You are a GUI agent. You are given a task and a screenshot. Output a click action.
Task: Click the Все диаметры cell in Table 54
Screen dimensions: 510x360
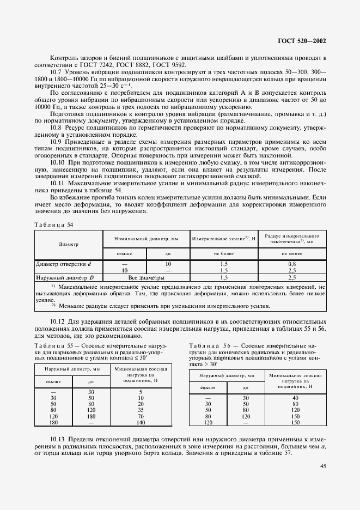pos(146,277)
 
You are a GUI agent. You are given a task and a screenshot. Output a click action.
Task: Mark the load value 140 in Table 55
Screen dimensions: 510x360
pos(141,422)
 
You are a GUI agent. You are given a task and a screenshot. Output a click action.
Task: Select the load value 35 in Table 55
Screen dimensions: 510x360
pos(141,409)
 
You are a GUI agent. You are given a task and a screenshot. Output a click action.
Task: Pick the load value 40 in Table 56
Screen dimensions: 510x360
pos(295,397)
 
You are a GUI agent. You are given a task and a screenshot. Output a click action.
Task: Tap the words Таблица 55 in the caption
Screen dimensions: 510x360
pos(53,345)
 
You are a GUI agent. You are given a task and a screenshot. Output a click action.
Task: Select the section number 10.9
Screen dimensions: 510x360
pos(57,141)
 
